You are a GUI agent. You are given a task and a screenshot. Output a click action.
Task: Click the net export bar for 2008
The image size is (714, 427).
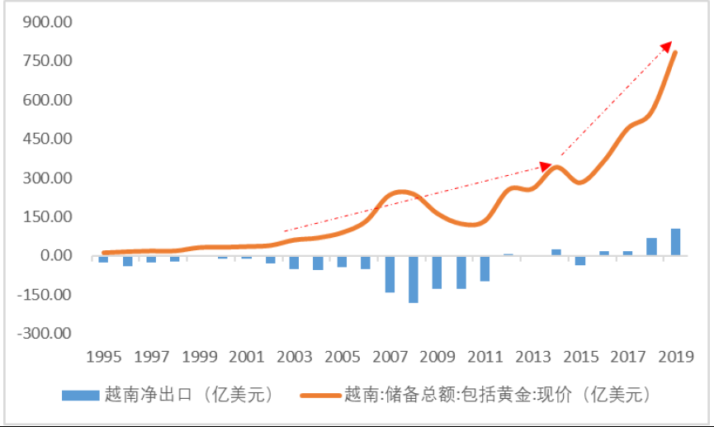(414, 279)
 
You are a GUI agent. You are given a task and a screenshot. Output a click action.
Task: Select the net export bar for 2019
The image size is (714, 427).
(676, 242)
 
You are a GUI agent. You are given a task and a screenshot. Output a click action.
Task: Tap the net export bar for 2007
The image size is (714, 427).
(390, 274)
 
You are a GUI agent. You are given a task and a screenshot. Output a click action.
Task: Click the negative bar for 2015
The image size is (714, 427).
(580, 260)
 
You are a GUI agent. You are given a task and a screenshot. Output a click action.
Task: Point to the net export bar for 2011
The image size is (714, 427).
(485, 268)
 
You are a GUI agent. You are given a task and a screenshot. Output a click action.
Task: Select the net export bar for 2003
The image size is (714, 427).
(294, 262)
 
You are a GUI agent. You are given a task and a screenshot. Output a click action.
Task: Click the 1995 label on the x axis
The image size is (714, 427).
(103, 358)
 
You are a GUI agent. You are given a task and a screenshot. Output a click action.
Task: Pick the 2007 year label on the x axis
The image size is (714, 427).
(390, 358)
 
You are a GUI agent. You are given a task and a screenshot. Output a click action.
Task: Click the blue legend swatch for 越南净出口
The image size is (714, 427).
(81, 395)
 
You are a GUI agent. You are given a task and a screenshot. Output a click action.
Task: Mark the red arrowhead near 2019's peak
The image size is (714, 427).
(669, 45)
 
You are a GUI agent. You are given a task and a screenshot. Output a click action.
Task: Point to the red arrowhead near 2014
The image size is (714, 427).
(546, 165)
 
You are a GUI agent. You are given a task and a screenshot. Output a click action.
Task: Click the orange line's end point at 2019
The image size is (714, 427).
(676, 53)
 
